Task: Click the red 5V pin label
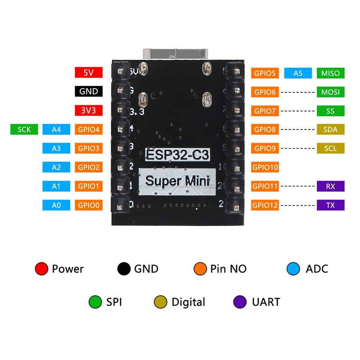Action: tap(89, 72)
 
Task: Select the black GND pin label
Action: tap(89, 91)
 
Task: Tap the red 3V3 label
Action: tap(89, 110)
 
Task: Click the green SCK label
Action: tap(24, 130)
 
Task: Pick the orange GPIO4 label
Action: tap(89, 130)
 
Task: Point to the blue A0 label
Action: tap(56, 205)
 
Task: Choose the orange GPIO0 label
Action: tap(89, 205)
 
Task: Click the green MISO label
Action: tap(331, 73)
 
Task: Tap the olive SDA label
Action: tap(331, 130)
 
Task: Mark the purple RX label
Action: tap(331, 186)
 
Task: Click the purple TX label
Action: tap(331, 205)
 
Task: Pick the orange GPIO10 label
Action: tap(265, 167)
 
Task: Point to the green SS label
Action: tap(331, 111)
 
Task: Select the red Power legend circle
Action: tap(41, 269)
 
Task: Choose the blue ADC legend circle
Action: tap(293, 269)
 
